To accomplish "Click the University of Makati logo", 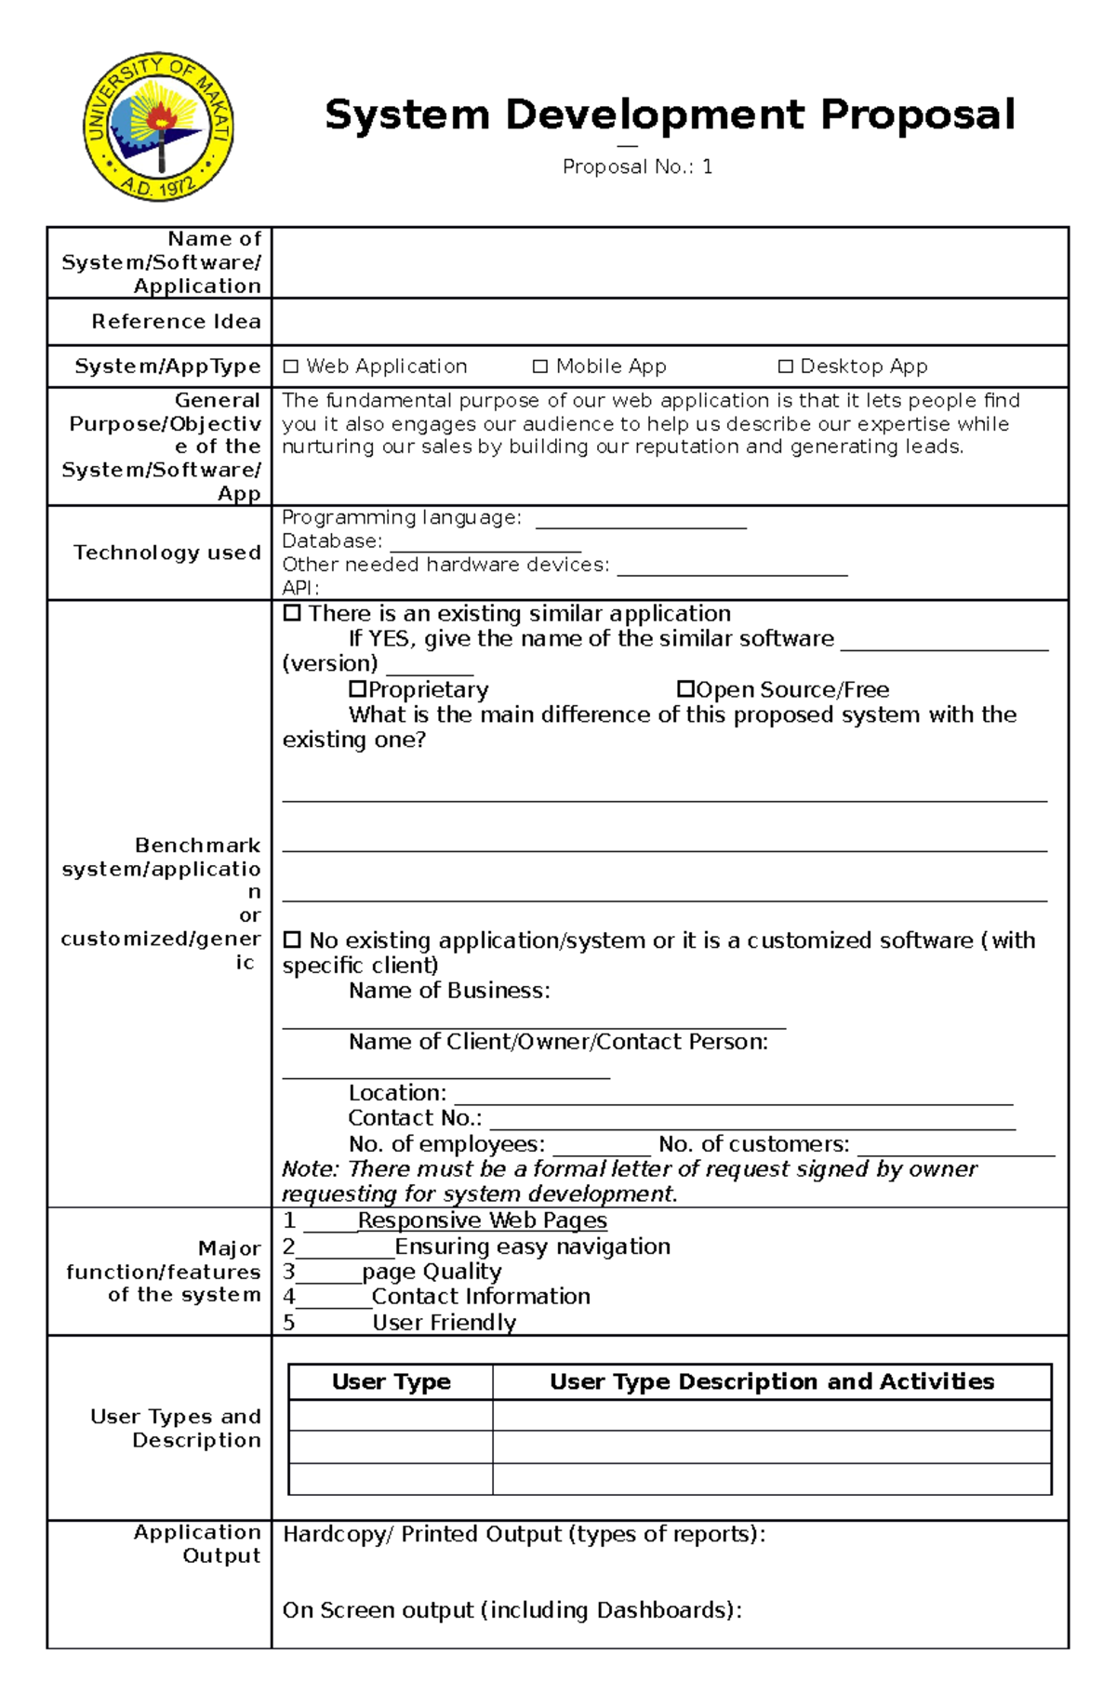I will pos(158,127).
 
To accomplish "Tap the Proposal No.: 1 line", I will pos(637,167).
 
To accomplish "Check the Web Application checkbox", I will pos(291,367).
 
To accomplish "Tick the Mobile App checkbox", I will pos(540,367).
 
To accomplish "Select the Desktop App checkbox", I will pos(786,367).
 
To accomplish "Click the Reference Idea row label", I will pos(176,322).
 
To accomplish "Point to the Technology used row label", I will pos(167,553).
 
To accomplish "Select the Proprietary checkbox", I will pos(358,689).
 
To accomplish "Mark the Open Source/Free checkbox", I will pos(685,689).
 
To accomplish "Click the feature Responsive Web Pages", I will pos(482,1220).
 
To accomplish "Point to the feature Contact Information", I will pos(481,1297).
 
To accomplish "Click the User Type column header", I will pos(391,1382).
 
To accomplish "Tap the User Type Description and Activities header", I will pos(772,1382).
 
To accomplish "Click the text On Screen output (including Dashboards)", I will pos(511,1610).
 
